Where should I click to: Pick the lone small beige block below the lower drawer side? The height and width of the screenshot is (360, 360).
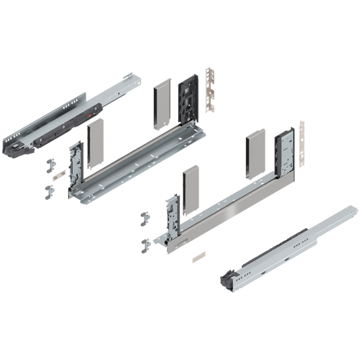(197, 257)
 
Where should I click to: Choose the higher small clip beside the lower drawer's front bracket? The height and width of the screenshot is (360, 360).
(144, 217)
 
